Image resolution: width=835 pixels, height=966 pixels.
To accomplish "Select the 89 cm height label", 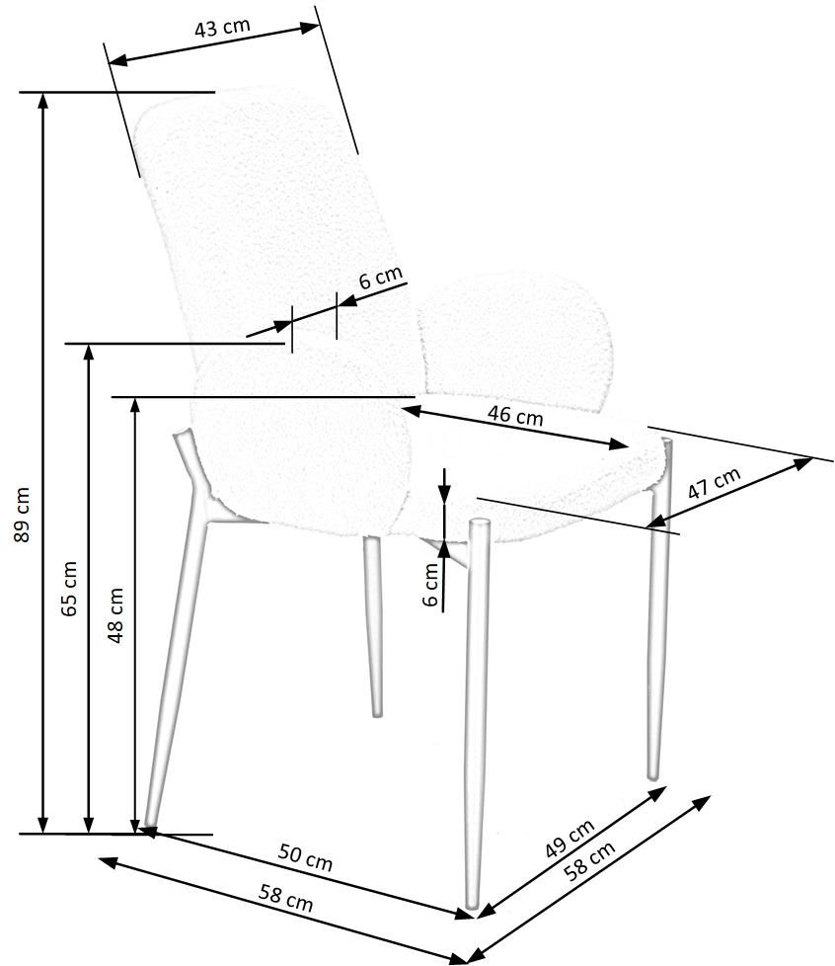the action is pos(21,515).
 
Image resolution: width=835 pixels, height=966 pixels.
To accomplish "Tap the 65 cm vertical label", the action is pos(68,589).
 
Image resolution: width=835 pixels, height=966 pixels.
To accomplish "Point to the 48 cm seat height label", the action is pos(115,615).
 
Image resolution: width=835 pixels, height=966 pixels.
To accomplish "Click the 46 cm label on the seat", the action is pos(515,416).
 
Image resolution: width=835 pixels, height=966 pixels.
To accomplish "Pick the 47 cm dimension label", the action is pos(715,484).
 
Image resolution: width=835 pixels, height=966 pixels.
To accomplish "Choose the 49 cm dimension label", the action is pos(570,839).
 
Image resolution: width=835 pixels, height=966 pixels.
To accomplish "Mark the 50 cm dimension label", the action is pos(305,857).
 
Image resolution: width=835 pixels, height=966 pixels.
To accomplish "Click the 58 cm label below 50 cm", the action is pos(285,898).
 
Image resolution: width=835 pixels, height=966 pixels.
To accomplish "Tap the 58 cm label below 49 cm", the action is pos(590,860).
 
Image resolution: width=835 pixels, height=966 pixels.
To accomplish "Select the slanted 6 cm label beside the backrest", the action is pos(381,278).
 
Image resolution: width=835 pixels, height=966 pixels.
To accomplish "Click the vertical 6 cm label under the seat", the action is pos(431,585).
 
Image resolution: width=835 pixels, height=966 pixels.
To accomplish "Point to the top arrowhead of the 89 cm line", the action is pos(42,101).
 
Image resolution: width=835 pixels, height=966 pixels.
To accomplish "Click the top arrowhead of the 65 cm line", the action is pos(89,353).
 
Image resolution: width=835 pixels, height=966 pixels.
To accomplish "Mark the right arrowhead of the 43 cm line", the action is pos(311,28).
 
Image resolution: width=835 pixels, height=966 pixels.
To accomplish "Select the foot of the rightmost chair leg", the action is pos(653,775).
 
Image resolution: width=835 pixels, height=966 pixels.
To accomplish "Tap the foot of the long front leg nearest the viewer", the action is pos(472,905).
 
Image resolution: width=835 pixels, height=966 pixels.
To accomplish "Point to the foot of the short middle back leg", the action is pos(377,712).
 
